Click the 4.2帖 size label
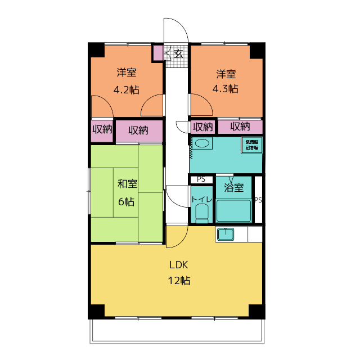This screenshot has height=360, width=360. (127, 89)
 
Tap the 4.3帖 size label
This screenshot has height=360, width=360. (225, 89)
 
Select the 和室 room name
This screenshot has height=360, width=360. (127, 184)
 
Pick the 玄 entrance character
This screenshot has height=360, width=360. (178, 54)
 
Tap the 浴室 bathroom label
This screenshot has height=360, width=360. (233, 187)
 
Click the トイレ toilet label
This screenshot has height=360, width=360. (201, 199)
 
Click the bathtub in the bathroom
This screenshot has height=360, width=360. (233, 210)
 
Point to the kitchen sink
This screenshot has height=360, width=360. (226, 233)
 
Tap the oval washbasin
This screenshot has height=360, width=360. (202, 144)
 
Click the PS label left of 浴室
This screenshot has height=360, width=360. (201, 179)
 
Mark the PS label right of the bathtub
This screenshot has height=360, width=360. (258, 200)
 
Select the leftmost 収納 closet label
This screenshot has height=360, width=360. (102, 130)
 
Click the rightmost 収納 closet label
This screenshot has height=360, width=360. (240, 127)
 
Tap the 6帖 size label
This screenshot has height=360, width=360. (127, 201)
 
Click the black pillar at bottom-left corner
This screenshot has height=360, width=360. (97, 311)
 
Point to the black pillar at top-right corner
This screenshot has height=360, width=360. (257, 49)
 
